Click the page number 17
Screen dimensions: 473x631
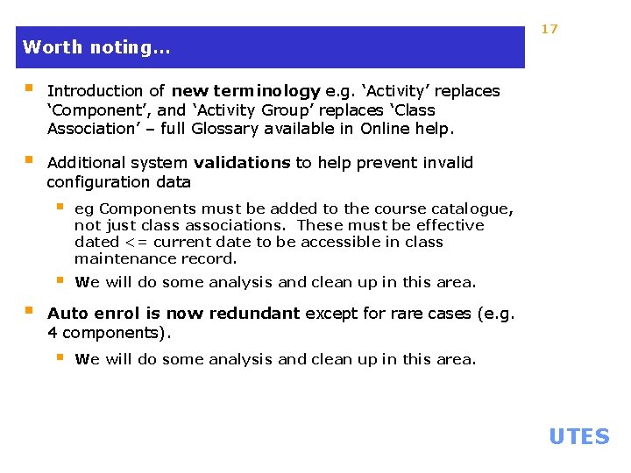coord(549,29)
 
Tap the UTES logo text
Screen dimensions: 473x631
coord(578,436)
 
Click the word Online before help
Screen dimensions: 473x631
coord(388,130)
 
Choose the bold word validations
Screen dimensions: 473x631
coord(242,163)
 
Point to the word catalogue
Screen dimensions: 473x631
coord(472,209)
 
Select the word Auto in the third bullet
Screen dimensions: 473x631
coord(65,314)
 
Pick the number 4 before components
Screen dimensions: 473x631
coord(52,333)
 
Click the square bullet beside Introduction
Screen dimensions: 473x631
coord(29,89)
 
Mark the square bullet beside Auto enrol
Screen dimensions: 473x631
coord(29,312)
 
